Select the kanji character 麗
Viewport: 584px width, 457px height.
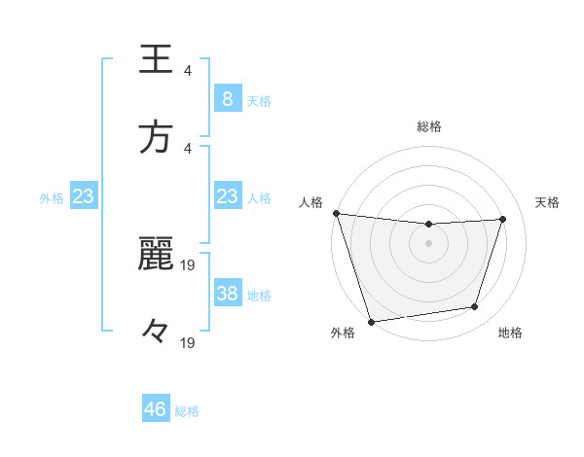(156, 254)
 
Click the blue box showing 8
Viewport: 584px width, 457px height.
(227, 99)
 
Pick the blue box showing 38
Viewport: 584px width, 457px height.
(227, 294)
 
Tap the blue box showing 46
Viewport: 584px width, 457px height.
(156, 409)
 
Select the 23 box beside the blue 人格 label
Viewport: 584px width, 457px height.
(227, 196)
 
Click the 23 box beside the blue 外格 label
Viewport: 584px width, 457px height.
(84, 196)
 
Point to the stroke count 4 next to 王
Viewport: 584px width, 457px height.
(188, 70)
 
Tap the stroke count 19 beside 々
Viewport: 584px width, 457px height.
(188, 342)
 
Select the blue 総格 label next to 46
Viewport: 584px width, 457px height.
(187, 411)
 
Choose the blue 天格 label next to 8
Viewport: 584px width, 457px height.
(258, 100)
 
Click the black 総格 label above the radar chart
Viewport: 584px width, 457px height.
(428, 126)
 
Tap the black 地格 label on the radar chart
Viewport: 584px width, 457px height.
(510, 334)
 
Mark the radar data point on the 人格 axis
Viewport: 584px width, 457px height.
(336, 213)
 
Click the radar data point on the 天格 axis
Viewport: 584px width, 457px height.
(503, 219)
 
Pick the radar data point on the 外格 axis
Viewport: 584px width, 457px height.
(371, 321)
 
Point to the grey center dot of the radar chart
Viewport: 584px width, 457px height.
(428, 243)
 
